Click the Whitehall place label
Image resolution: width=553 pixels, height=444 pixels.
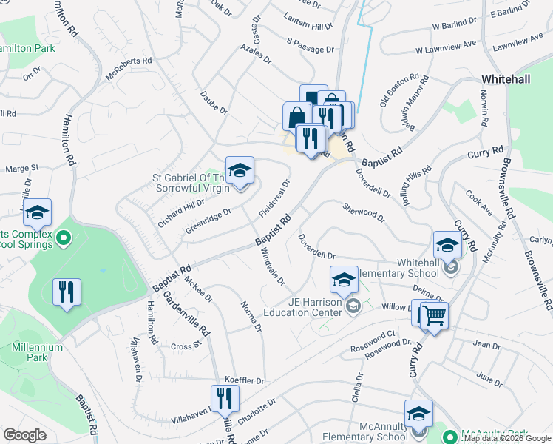506,78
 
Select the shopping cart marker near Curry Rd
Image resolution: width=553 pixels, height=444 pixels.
434,316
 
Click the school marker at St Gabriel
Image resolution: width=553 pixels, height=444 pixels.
240,171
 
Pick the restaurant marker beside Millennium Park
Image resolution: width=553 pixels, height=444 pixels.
67,292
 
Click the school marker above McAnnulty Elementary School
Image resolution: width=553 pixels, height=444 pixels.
418,414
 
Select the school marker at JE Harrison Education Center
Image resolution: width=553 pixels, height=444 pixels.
343,280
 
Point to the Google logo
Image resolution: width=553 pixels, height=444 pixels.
25,434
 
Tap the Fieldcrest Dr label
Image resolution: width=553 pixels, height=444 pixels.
274,198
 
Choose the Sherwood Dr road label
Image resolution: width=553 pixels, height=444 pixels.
364,212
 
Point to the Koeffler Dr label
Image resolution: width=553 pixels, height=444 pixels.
239,380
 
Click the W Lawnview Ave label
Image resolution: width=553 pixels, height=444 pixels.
446,50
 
